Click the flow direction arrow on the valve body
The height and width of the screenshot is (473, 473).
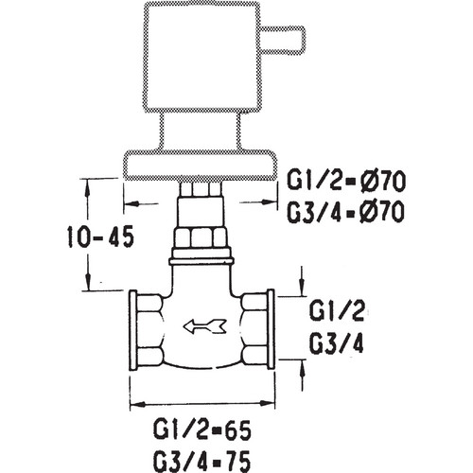coord(204,326)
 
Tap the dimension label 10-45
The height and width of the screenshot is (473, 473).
coord(100,236)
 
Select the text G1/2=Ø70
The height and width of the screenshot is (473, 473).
coord(345,182)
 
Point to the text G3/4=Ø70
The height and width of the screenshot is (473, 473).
coord(345,211)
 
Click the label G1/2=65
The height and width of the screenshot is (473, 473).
coord(202,430)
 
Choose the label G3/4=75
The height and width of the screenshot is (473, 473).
coord(202,460)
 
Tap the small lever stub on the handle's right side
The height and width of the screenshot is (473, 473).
coord(283,38)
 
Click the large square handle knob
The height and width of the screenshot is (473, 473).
coord(202,58)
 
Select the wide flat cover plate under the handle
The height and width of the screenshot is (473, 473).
coord(201,166)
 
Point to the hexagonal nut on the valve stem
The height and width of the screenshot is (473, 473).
coord(201,237)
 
